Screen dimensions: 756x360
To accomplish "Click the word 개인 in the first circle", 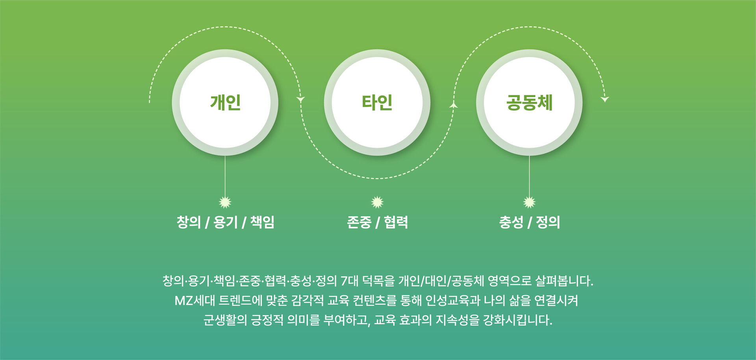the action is click(x=225, y=102).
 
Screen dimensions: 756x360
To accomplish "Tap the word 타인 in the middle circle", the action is click(x=377, y=102).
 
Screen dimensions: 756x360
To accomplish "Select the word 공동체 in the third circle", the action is click(x=529, y=102).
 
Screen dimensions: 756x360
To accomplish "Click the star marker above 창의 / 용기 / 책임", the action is click(x=225, y=202).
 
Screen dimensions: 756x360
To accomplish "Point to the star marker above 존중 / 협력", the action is click(x=377, y=202).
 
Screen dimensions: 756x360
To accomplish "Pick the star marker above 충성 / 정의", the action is click(x=529, y=202).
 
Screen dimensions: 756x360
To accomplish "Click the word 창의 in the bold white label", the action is click(x=189, y=222).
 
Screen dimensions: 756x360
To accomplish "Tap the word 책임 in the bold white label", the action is click(x=262, y=222).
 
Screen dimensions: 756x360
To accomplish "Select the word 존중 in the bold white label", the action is click(x=359, y=222).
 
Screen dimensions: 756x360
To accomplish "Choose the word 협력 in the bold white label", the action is click(x=396, y=222).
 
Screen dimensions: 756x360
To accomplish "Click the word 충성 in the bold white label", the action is click(x=511, y=222).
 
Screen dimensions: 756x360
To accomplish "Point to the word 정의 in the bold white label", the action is click(x=548, y=222).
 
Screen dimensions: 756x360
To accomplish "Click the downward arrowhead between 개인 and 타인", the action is click(x=301, y=99).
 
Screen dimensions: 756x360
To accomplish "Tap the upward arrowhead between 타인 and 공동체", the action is click(x=454, y=105).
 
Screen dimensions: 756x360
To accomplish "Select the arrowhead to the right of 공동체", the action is click(x=605, y=99).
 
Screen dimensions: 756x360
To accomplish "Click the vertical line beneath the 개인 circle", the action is click(x=225, y=175).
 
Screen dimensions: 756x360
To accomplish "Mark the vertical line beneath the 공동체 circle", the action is click(x=529, y=175).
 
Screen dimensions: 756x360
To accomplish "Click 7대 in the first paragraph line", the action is click(x=349, y=281).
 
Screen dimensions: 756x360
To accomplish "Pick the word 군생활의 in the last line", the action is click(x=225, y=320).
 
